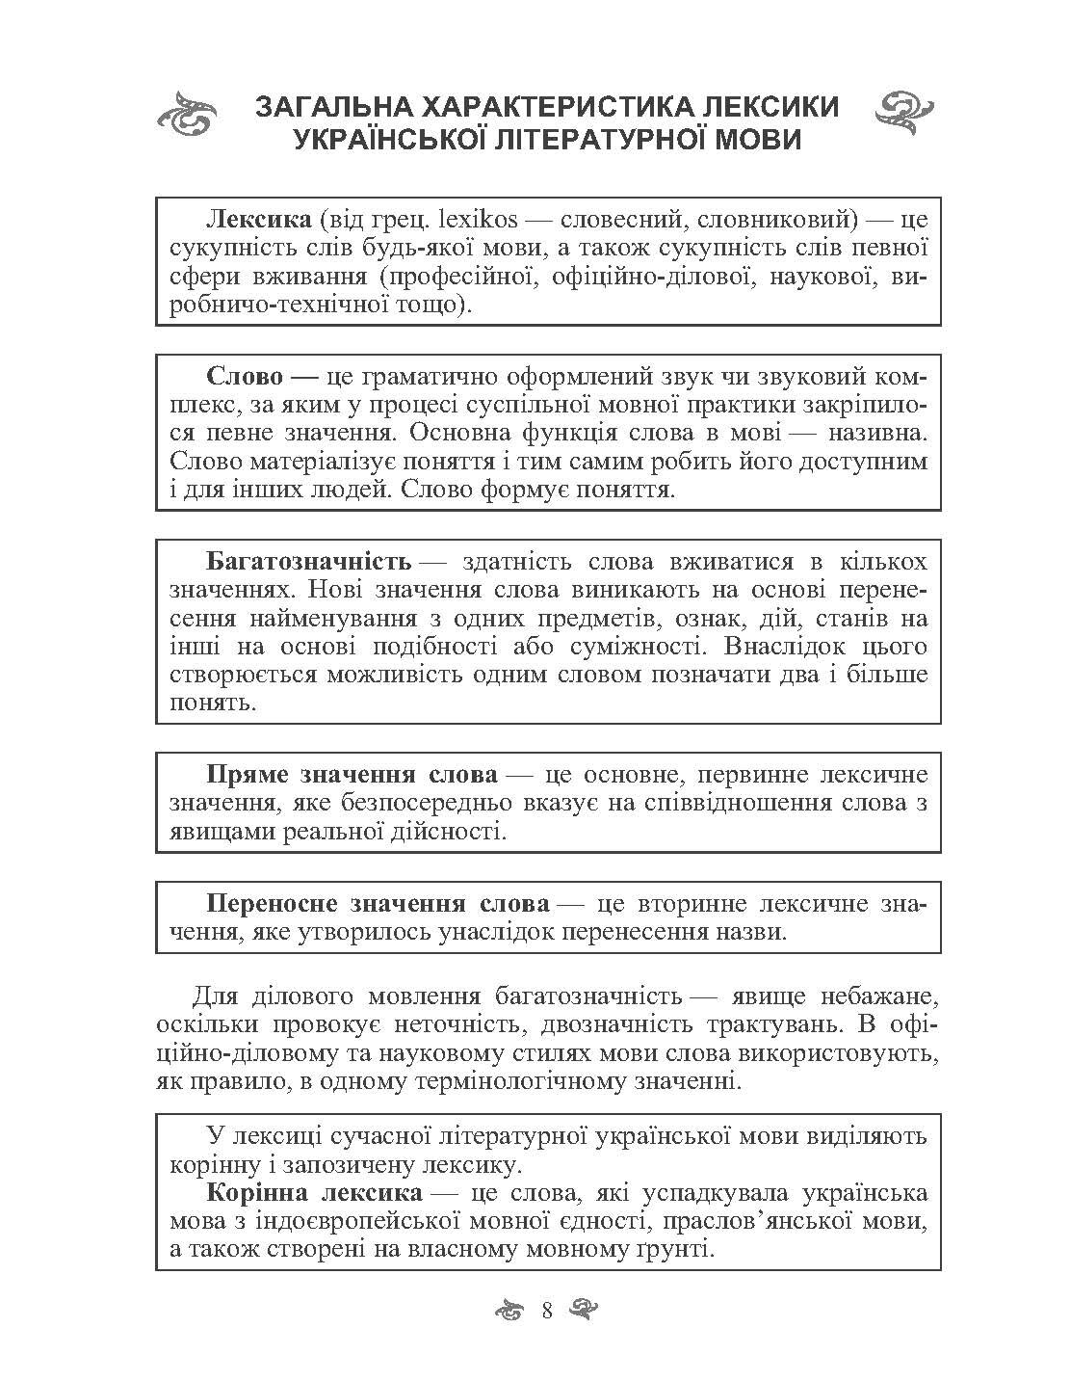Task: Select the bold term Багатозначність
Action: (x=308, y=561)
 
